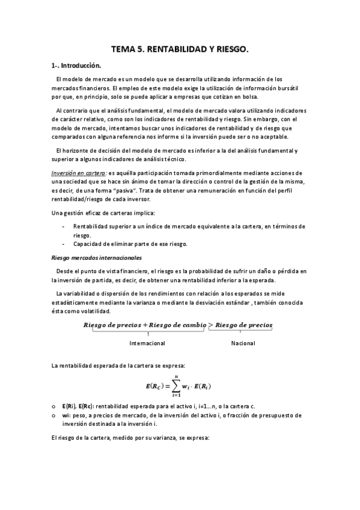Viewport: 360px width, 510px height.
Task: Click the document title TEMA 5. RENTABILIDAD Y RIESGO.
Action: [x=180, y=52]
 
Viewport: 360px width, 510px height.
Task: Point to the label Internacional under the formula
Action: [x=147, y=343]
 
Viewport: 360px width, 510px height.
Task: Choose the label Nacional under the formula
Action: [x=243, y=343]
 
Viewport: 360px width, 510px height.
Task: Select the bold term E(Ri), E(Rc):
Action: [x=77, y=407]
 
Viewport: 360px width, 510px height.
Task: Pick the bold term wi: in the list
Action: [x=66, y=415]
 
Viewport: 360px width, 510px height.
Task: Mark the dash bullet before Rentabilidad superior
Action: [x=64, y=226]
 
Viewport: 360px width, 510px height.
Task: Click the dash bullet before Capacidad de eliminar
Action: [x=64, y=244]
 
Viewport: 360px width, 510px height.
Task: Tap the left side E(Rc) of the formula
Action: [x=155, y=386]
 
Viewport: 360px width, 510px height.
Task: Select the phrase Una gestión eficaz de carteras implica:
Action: [x=95, y=214]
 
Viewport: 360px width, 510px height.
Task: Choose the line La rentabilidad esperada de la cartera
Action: [x=118, y=366]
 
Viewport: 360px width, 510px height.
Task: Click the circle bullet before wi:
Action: [x=53, y=415]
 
